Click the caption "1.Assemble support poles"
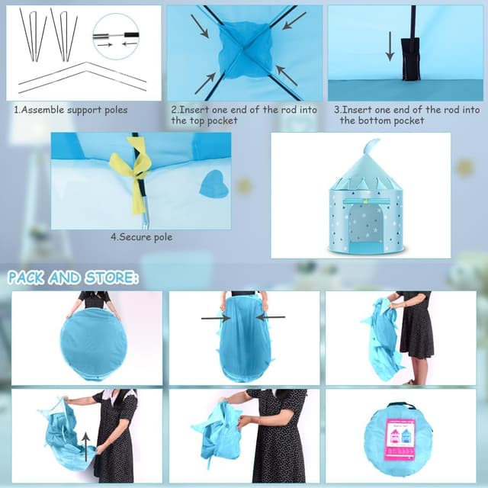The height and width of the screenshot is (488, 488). click(71, 110)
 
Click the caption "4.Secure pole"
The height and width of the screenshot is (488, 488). click(141, 237)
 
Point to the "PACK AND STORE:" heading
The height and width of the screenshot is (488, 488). click(73, 278)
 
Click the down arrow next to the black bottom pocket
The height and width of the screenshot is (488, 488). click(390, 46)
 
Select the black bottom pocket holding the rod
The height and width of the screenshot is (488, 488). click(410, 59)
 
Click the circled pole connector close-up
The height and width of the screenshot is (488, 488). click(116, 37)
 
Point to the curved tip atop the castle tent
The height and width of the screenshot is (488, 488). click(371, 146)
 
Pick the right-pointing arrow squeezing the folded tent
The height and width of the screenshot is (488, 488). click(216, 318)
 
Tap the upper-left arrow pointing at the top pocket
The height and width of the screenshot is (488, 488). click(200, 26)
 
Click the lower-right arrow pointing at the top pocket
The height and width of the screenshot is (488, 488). click(287, 75)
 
